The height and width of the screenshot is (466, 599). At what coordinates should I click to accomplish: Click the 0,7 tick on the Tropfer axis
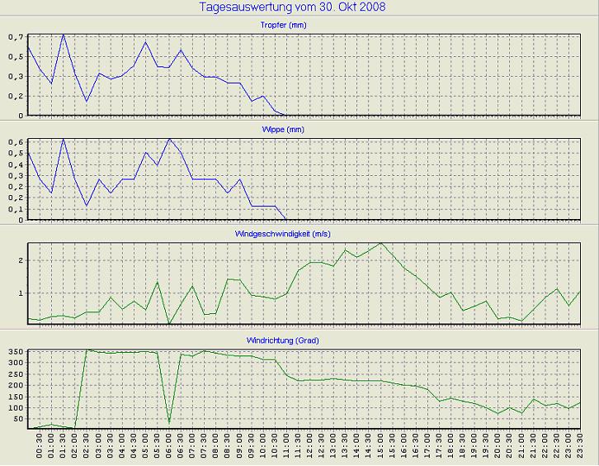click(16, 37)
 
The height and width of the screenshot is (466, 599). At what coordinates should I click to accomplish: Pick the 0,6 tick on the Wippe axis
click(16, 142)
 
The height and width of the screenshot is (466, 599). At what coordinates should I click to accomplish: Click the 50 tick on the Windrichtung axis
click(17, 419)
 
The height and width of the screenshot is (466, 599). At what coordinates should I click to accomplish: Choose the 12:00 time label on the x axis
click(310, 447)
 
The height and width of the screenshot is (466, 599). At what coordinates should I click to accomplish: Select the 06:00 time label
click(169, 447)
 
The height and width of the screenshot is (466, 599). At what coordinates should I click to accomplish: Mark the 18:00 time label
click(451, 447)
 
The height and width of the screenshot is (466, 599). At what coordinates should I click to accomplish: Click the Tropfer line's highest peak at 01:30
click(64, 34)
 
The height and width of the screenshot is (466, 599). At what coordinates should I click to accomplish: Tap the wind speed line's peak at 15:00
click(380, 243)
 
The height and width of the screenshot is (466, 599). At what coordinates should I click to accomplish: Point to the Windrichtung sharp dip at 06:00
click(169, 422)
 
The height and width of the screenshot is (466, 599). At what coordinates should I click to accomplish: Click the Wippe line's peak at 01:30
click(64, 139)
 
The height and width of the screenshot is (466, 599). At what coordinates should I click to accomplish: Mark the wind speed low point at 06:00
click(169, 324)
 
